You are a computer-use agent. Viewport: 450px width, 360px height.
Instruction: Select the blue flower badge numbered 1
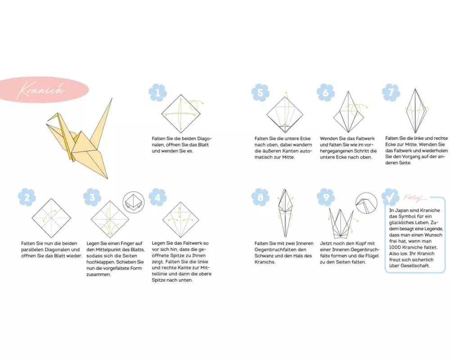[x=157, y=92]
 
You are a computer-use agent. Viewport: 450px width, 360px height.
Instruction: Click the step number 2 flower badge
[x=27, y=197]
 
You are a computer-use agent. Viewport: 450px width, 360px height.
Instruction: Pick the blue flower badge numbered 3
[x=92, y=197]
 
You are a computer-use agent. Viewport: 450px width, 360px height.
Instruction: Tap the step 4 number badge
[x=157, y=197]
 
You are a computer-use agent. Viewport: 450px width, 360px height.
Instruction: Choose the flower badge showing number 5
[x=260, y=92]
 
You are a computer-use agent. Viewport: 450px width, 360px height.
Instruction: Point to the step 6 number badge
[x=326, y=92]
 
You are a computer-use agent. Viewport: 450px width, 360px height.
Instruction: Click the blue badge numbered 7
[x=391, y=92]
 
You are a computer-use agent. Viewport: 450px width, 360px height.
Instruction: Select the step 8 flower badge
[x=260, y=197]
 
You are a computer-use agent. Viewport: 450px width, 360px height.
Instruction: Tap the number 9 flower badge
[x=326, y=197]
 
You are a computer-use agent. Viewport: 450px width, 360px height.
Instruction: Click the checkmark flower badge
[x=390, y=197]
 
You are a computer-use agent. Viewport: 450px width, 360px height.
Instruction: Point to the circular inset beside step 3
[x=134, y=202]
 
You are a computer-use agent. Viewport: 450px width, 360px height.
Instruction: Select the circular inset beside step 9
[x=366, y=203]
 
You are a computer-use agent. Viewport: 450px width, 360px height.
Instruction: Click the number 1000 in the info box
[x=395, y=247]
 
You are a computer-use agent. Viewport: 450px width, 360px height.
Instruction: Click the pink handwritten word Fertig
[x=413, y=198]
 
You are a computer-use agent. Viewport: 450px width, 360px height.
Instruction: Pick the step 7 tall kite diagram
[x=415, y=111]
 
